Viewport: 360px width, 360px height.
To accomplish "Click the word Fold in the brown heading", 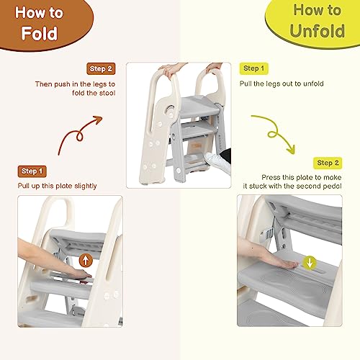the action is [x=40, y=33].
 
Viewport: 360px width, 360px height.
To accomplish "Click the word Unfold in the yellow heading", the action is [x=318, y=31].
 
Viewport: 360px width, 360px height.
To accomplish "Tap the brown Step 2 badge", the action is [x=101, y=69].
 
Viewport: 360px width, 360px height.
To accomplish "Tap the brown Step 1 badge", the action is [x=32, y=171].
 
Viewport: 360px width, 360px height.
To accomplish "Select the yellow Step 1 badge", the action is [x=253, y=68].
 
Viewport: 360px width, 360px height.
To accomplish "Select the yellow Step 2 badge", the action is [x=328, y=163].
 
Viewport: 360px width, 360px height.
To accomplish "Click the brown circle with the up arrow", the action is [x=86, y=260].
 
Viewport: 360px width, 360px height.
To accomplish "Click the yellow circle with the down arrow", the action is [x=310, y=263].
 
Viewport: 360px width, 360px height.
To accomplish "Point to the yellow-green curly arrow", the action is [x=274, y=133].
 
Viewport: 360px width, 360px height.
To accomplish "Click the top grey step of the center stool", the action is [x=200, y=106].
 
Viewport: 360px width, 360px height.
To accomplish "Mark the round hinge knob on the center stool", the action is [x=170, y=111].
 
